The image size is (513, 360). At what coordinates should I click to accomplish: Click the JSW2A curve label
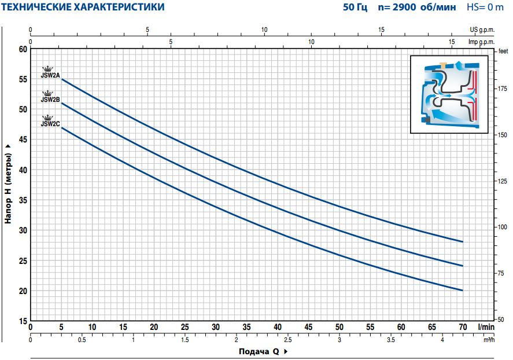tap(50, 75)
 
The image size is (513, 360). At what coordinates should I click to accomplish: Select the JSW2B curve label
tap(50, 100)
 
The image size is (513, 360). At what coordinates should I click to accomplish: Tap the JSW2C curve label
tap(50, 123)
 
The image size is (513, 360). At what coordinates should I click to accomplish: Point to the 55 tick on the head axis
tap(23, 79)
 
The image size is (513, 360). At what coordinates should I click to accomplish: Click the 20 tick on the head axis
tap(23, 291)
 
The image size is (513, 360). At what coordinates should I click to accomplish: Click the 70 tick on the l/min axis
tap(463, 327)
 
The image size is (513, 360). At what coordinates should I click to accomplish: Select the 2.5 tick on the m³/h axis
tap(287, 339)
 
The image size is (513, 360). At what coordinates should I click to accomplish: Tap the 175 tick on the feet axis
tap(502, 88)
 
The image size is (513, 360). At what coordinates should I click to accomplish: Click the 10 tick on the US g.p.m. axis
tap(264, 30)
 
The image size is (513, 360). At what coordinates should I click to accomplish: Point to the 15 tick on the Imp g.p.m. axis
tap(452, 42)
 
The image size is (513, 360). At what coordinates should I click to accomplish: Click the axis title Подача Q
tap(259, 351)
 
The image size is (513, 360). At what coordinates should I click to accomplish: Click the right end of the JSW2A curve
tap(463, 241)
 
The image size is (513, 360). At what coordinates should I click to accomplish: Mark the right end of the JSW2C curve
tap(463, 290)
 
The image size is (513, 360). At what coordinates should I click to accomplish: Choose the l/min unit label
tap(486, 327)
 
